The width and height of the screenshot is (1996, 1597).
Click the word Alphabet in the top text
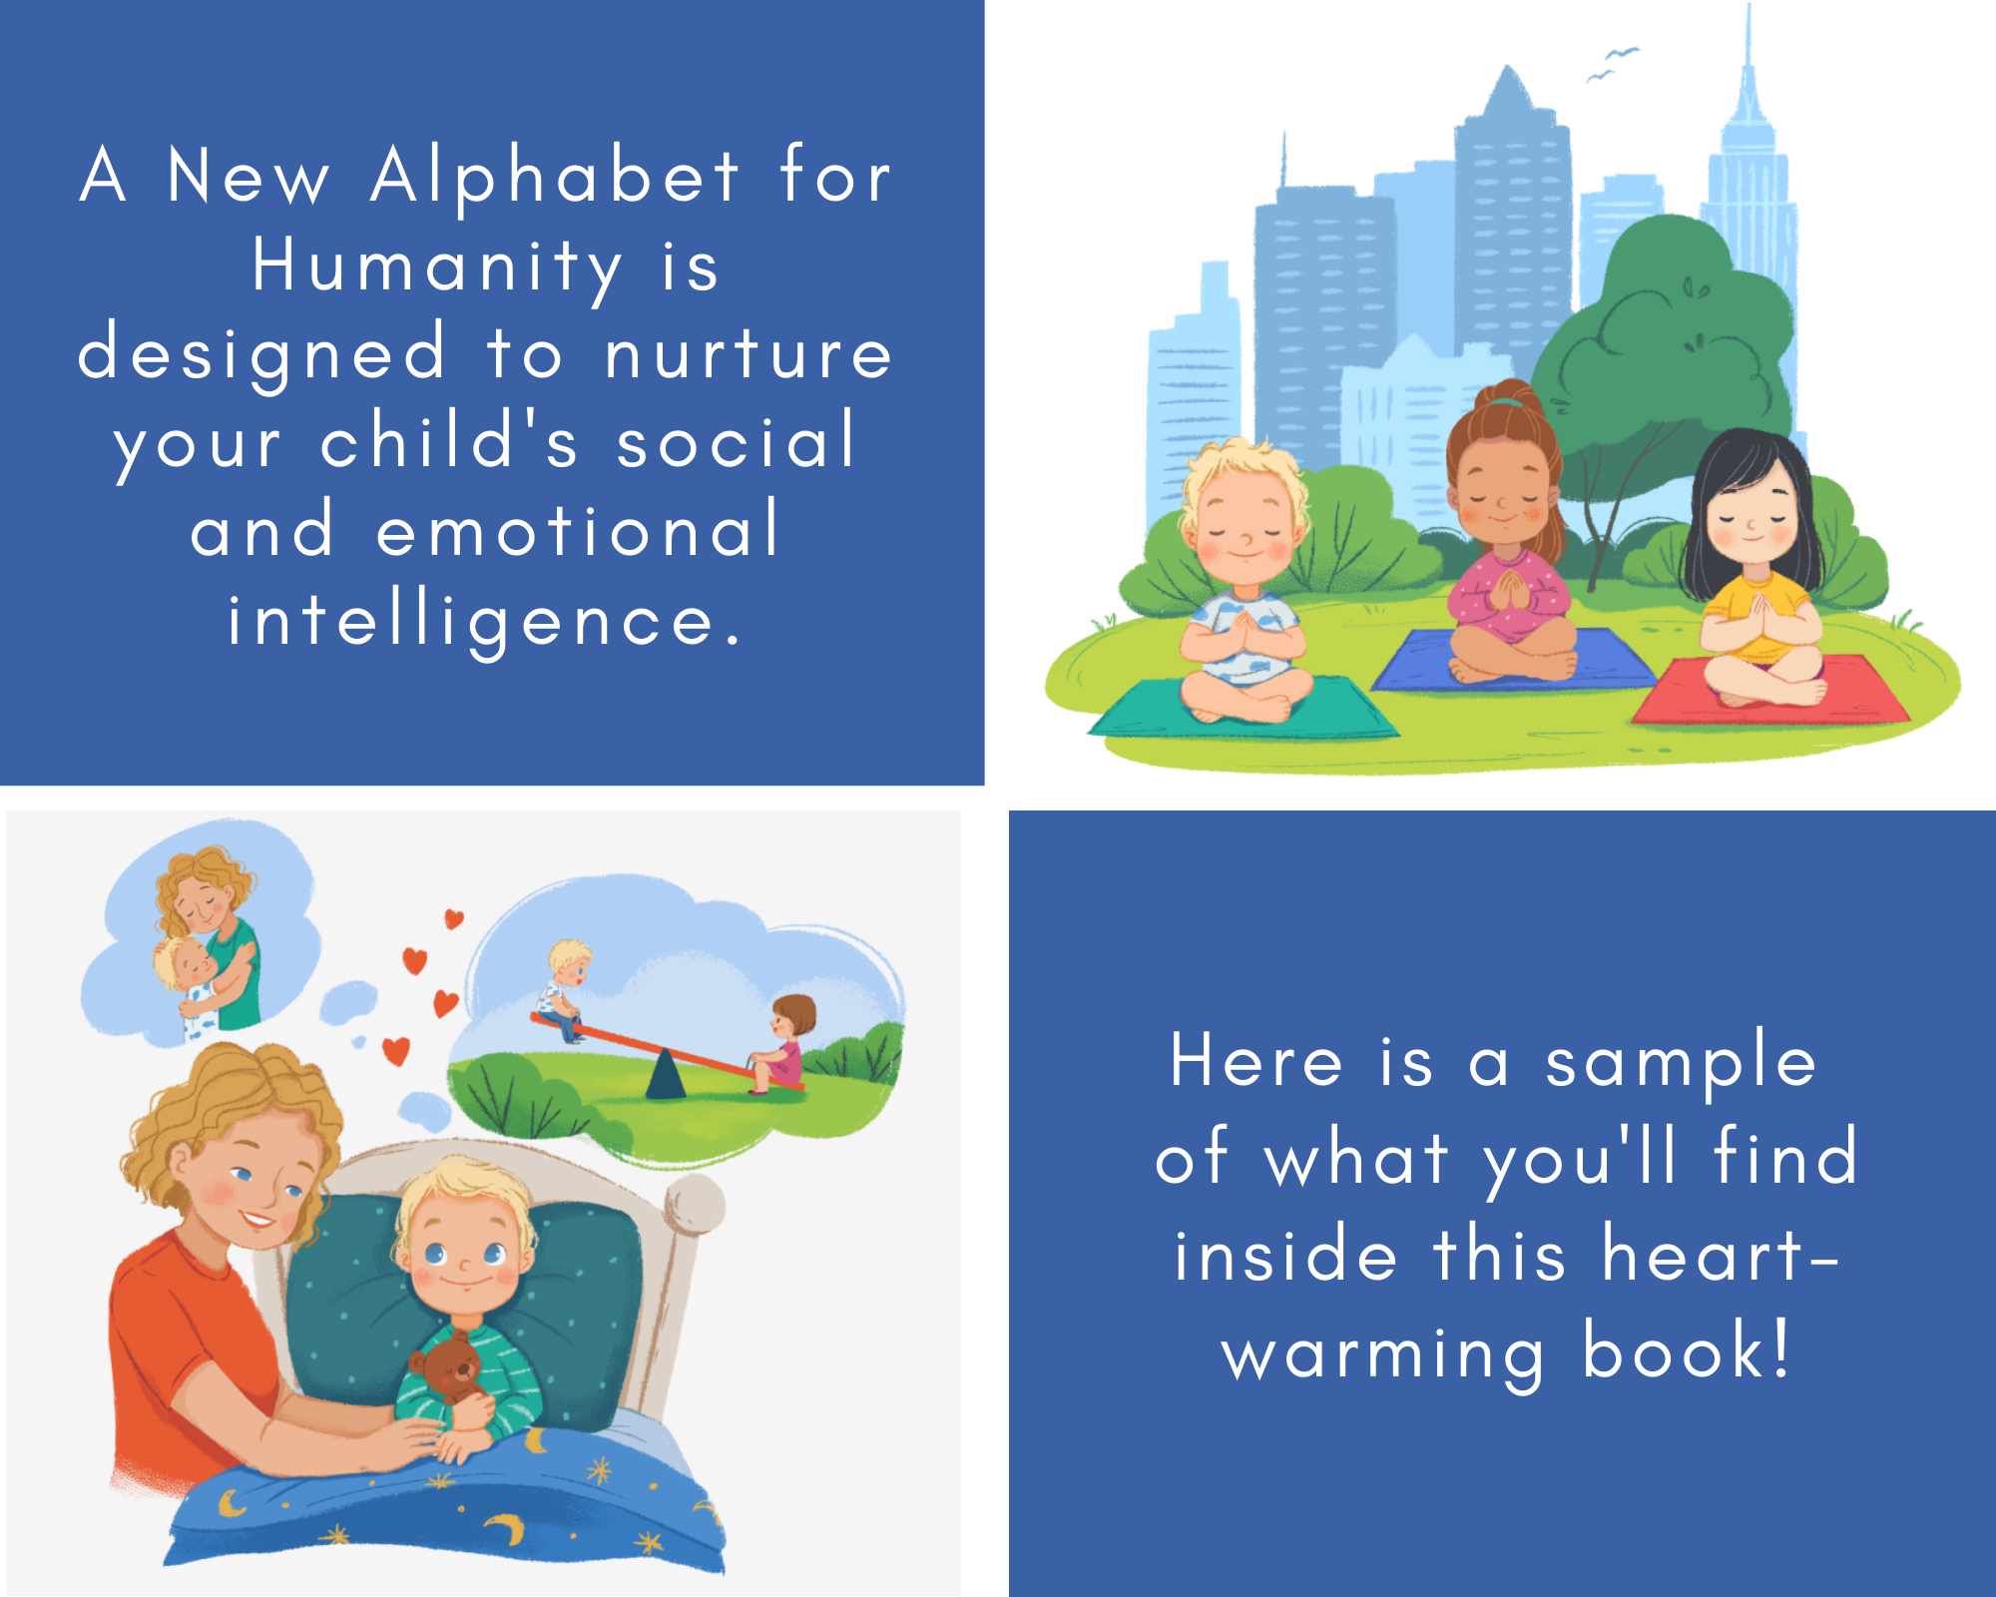555,178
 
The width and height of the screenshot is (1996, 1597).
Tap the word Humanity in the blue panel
437,267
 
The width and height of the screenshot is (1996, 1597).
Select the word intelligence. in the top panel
485,622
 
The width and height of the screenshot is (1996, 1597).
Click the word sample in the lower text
1681,1064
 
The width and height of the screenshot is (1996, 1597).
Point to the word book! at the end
1687,1351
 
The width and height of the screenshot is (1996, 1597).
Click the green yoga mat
1243,710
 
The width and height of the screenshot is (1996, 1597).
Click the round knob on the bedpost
695,1205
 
